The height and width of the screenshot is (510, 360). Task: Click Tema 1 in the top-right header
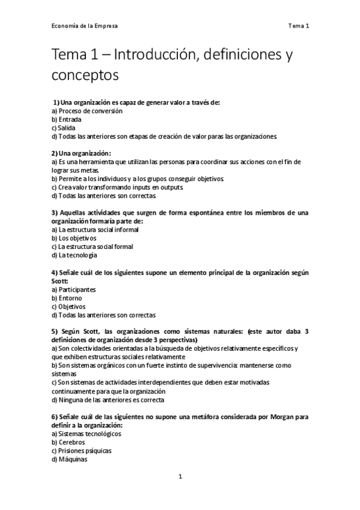[x=298, y=26]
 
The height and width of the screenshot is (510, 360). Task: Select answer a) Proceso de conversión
[x=87, y=111]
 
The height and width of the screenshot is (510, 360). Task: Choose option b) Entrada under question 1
[x=67, y=119]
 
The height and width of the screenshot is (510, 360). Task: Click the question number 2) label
[x=55, y=153]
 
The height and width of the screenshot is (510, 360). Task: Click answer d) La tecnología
[x=75, y=255]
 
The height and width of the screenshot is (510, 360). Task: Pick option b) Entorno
[x=67, y=298]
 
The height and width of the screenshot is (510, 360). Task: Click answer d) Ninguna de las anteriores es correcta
[x=108, y=400]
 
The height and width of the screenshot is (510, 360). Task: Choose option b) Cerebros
[x=69, y=442]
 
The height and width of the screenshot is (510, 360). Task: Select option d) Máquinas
[x=70, y=459]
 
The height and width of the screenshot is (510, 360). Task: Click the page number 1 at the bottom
[x=180, y=477]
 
